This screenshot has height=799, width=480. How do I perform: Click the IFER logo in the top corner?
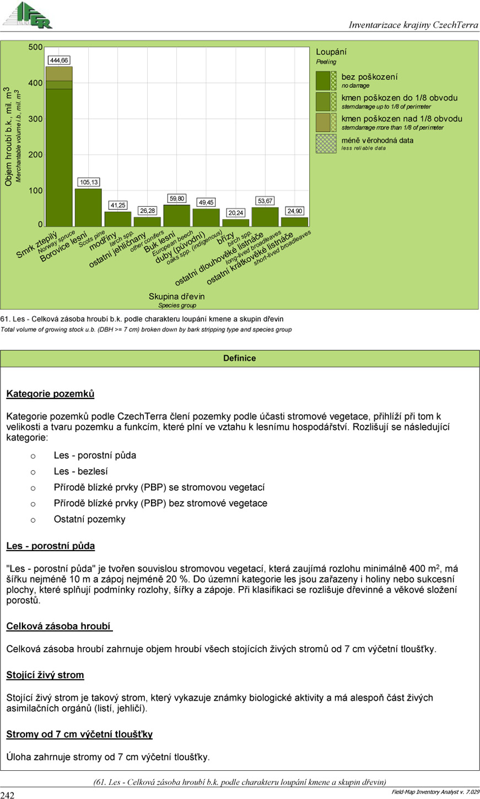(27, 15)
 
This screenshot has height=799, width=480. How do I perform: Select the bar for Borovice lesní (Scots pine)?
(88, 207)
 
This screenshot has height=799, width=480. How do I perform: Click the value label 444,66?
(59, 60)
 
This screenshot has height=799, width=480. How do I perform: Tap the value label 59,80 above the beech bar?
(177, 198)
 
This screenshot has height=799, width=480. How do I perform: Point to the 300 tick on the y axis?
(36, 119)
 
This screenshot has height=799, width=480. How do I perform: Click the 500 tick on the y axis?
(36, 47)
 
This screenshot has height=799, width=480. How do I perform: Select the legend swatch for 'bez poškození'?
(323, 81)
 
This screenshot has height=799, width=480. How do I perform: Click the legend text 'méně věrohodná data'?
(377, 140)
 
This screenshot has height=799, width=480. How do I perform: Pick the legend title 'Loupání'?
(331, 52)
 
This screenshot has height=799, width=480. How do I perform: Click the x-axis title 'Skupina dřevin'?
(176, 296)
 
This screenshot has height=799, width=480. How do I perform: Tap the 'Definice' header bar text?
(240, 358)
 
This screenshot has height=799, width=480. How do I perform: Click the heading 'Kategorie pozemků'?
(50, 394)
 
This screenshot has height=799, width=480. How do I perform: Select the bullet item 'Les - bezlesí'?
(80, 471)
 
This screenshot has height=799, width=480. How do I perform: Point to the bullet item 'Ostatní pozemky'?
(89, 519)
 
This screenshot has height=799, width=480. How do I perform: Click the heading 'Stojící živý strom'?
(45, 675)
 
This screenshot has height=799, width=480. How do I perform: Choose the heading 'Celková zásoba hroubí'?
(59, 626)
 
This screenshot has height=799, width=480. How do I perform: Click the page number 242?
(8, 795)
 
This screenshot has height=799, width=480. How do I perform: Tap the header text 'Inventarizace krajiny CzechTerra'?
(413, 25)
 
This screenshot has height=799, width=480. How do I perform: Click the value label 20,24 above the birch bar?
(236, 213)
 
